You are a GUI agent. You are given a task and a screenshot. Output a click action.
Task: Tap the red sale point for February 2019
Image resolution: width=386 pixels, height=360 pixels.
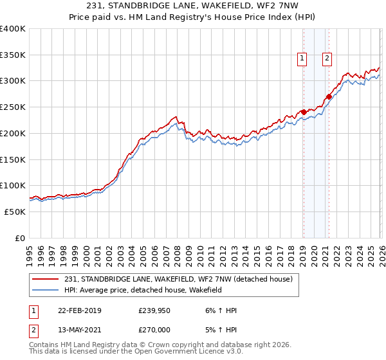(x=304, y=111)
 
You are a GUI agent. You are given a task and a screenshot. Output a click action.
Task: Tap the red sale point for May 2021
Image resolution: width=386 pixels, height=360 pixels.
(x=329, y=96)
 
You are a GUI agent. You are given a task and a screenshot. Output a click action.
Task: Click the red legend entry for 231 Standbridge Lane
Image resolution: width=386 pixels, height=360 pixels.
(x=178, y=279)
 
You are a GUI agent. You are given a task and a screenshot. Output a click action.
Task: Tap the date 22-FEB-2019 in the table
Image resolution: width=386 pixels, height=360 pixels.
(x=79, y=310)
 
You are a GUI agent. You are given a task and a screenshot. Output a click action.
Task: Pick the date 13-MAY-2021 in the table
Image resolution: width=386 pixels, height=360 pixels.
(x=79, y=329)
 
